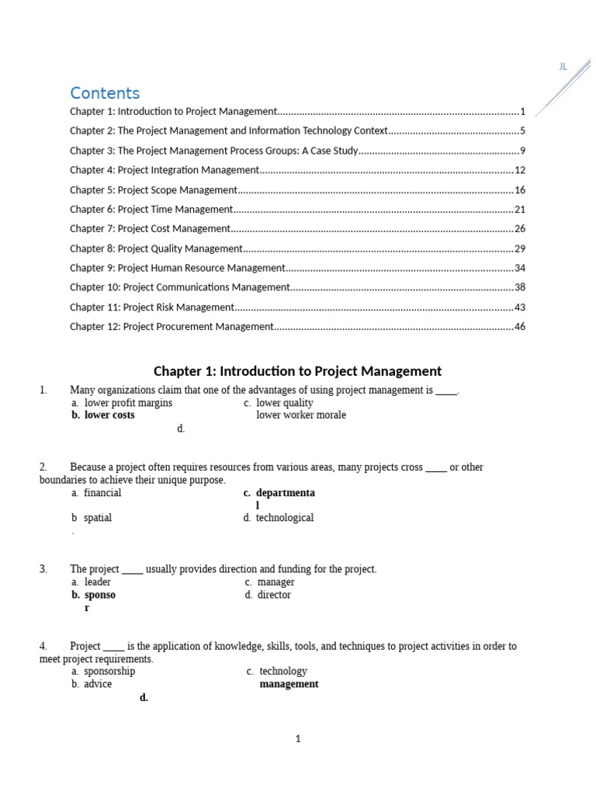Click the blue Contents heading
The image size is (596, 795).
pyautogui.click(x=105, y=94)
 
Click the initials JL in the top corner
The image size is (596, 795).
pyautogui.click(x=563, y=67)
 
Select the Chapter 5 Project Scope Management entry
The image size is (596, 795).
pyautogui.click(x=154, y=189)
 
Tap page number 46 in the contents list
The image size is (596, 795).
pyautogui.click(x=520, y=327)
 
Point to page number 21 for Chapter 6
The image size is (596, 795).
pyautogui.click(x=520, y=210)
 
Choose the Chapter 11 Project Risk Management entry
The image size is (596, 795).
pyautogui.click(x=152, y=307)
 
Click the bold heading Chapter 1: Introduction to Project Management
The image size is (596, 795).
pyautogui.click(x=297, y=371)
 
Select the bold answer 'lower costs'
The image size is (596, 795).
pyautogui.click(x=109, y=415)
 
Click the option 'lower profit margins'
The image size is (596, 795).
pyautogui.click(x=128, y=403)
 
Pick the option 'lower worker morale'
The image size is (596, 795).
pyautogui.click(x=301, y=415)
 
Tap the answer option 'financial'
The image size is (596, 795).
pyautogui.click(x=102, y=493)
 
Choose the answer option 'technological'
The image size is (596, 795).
pyautogui.click(x=285, y=518)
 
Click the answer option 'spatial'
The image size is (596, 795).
pyautogui.click(x=98, y=518)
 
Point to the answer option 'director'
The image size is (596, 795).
pyautogui.click(x=274, y=595)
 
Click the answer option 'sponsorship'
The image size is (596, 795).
pyautogui.click(x=109, y=672)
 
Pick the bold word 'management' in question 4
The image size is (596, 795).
pyautogui.click(x=289, y=684)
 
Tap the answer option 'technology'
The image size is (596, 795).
pyautogui.click(x=283, y=672)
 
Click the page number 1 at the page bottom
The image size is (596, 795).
pyautogui.click(x=298, y=739)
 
